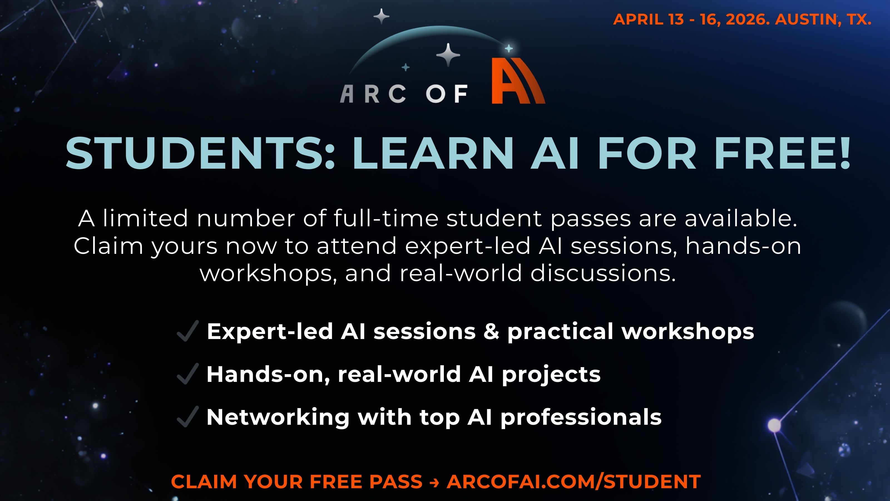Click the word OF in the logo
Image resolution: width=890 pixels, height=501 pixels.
pyautogui.click(x=447, y=94)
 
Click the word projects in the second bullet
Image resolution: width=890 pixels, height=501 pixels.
pyautogui.click(x=551, y=375)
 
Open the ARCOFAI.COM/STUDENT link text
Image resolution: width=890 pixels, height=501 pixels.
pyautogui.click(x=573, y=482)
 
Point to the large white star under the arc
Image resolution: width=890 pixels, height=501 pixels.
pyautogui.click(x=448, y=55)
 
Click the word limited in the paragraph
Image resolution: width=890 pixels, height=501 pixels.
pyautogui.click(x=145, y=218)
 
